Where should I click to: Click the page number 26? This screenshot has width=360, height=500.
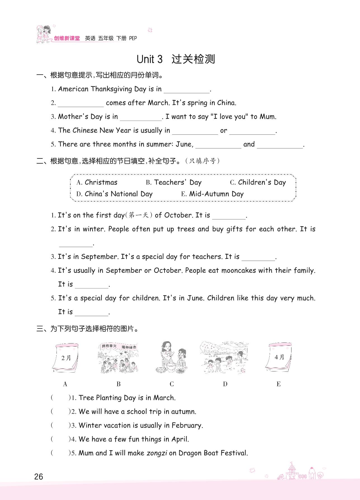(39, 477)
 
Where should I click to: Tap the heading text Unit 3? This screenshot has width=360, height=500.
(149, 59)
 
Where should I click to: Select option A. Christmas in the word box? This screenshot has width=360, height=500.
(97, 182)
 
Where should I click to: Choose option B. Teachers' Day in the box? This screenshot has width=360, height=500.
(173, 182)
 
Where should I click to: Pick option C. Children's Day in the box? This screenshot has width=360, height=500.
(258, 182)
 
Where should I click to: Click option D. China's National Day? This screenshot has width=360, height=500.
(114, 194)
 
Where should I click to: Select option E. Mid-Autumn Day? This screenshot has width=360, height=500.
(212, 194)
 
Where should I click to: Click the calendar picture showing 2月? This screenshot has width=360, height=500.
(66, 358)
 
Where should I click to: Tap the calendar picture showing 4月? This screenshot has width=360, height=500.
(279, 358)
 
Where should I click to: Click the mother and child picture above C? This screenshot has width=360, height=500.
(171, 358)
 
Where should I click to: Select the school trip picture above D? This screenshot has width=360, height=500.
(224, 358)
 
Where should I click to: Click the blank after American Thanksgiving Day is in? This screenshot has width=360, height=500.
(187, 90)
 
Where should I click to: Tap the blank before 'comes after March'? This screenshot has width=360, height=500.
(81, 104)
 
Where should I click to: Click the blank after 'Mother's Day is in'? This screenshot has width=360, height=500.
(141, 118)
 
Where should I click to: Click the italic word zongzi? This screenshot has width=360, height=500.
(157, 453)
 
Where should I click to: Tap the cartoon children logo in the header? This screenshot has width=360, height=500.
(43, 34)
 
